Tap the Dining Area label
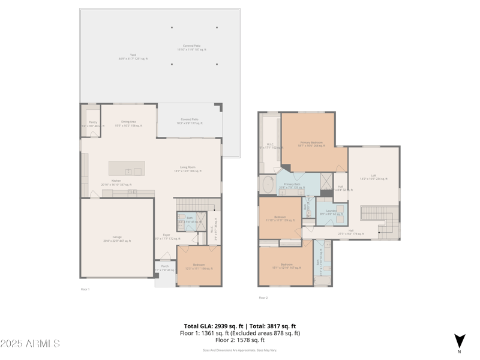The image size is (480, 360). coord(128,124)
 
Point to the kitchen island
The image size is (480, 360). coord(127,168)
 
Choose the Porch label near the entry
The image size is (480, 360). coord(164,268)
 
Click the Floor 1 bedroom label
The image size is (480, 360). coord(199,266)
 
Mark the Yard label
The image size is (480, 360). coord(133,57)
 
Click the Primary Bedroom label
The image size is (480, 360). coord(311,144)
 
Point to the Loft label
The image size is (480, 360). coord(373,177)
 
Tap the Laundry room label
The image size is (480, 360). coord(331,212)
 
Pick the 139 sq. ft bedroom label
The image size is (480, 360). coord(280,218)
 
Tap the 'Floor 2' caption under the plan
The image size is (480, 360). coord(263,298)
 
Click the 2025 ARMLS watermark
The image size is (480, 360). coord(30,344)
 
